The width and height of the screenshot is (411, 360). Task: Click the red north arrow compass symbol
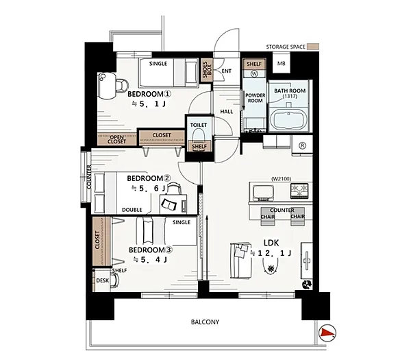click(327, 333)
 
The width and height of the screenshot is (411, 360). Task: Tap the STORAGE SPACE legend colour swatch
click(313, 47)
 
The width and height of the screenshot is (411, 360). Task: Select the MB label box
click(282, 63)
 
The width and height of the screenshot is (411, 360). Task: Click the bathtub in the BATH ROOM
click(288, 119)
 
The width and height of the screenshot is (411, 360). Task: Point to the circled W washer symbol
click(254, 74)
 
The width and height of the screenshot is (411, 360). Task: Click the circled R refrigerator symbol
click(303, 145)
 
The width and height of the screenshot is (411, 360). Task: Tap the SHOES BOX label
click(207, 70)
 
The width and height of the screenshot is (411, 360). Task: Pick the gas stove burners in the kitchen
click(299, 191)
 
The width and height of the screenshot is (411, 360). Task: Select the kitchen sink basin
click(263, 192)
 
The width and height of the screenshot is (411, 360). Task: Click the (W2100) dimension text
click(282, 179)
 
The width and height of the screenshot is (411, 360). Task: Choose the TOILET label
click(199, 125)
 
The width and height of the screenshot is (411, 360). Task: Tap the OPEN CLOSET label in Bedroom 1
click(117, 139)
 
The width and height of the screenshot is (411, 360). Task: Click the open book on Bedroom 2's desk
click(169, 204)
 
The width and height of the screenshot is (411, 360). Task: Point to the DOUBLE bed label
click(132, 210)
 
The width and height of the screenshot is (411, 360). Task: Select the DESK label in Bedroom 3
click(103, 280)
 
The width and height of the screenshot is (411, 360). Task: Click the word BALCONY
click(205, 322)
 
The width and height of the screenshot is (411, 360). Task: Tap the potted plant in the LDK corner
click(307, 285)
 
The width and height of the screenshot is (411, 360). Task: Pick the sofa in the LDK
click(240, 261)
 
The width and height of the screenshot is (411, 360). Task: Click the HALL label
click(227, 112)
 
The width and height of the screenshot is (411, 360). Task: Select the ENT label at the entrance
click(226, 71)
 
